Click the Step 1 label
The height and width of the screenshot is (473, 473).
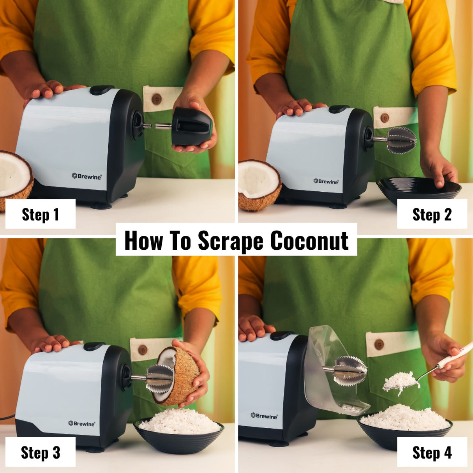pyautogui.click(x=40, y=214)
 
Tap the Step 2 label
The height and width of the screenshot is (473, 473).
pyautogui.click(x=432, y=214)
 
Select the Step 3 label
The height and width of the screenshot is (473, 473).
pyautogui.click(x=40, y=452)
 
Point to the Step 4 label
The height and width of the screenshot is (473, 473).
pyautogui.click(x=432, y=452)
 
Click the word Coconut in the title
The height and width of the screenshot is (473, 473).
pyautogui.click(x=309, y=240)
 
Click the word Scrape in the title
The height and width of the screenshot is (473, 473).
pyautogui.click(x=231, y=240)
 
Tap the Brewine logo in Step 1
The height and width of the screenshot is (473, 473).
pyautogui.click(x=86, y=176)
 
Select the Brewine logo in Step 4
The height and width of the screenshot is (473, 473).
pyautogui.click(x=264, y=416)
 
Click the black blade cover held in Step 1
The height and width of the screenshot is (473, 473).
pyautogui.click(x=191, y=127)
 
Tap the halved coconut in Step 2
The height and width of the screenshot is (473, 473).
pyautogui.click(x=259, y=185)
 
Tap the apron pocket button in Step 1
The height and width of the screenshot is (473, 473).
pyautogui.click(x=157, y=99)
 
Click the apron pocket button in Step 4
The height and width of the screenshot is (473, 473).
pyautogui.click(x=379, y=344)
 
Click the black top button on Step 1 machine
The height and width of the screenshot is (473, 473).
pyautogui.click(x=102, y=90)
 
